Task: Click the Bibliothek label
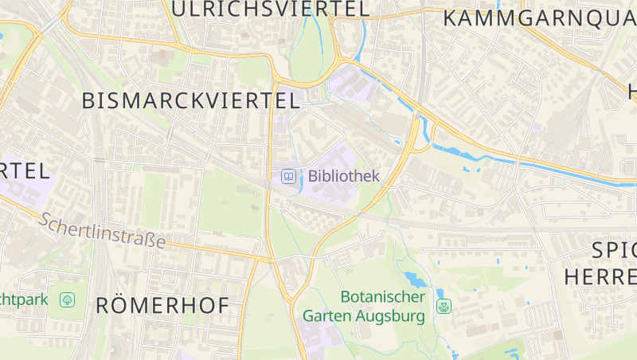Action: tap(344, 176)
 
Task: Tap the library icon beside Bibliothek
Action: tap(289, 176)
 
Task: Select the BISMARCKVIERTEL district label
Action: tap(191, 100)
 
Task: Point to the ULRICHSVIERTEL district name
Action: tap(271, 9)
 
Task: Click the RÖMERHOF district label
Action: tap(162, 305)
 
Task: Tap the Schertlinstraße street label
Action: tap(103, 229)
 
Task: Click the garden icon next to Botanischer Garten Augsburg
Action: tap(444, 306)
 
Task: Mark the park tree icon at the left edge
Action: tap(68, 300)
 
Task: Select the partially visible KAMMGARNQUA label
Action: tap(539, 18)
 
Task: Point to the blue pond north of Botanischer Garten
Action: tap(414, 279)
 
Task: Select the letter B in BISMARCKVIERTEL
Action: tap(89, 100)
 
